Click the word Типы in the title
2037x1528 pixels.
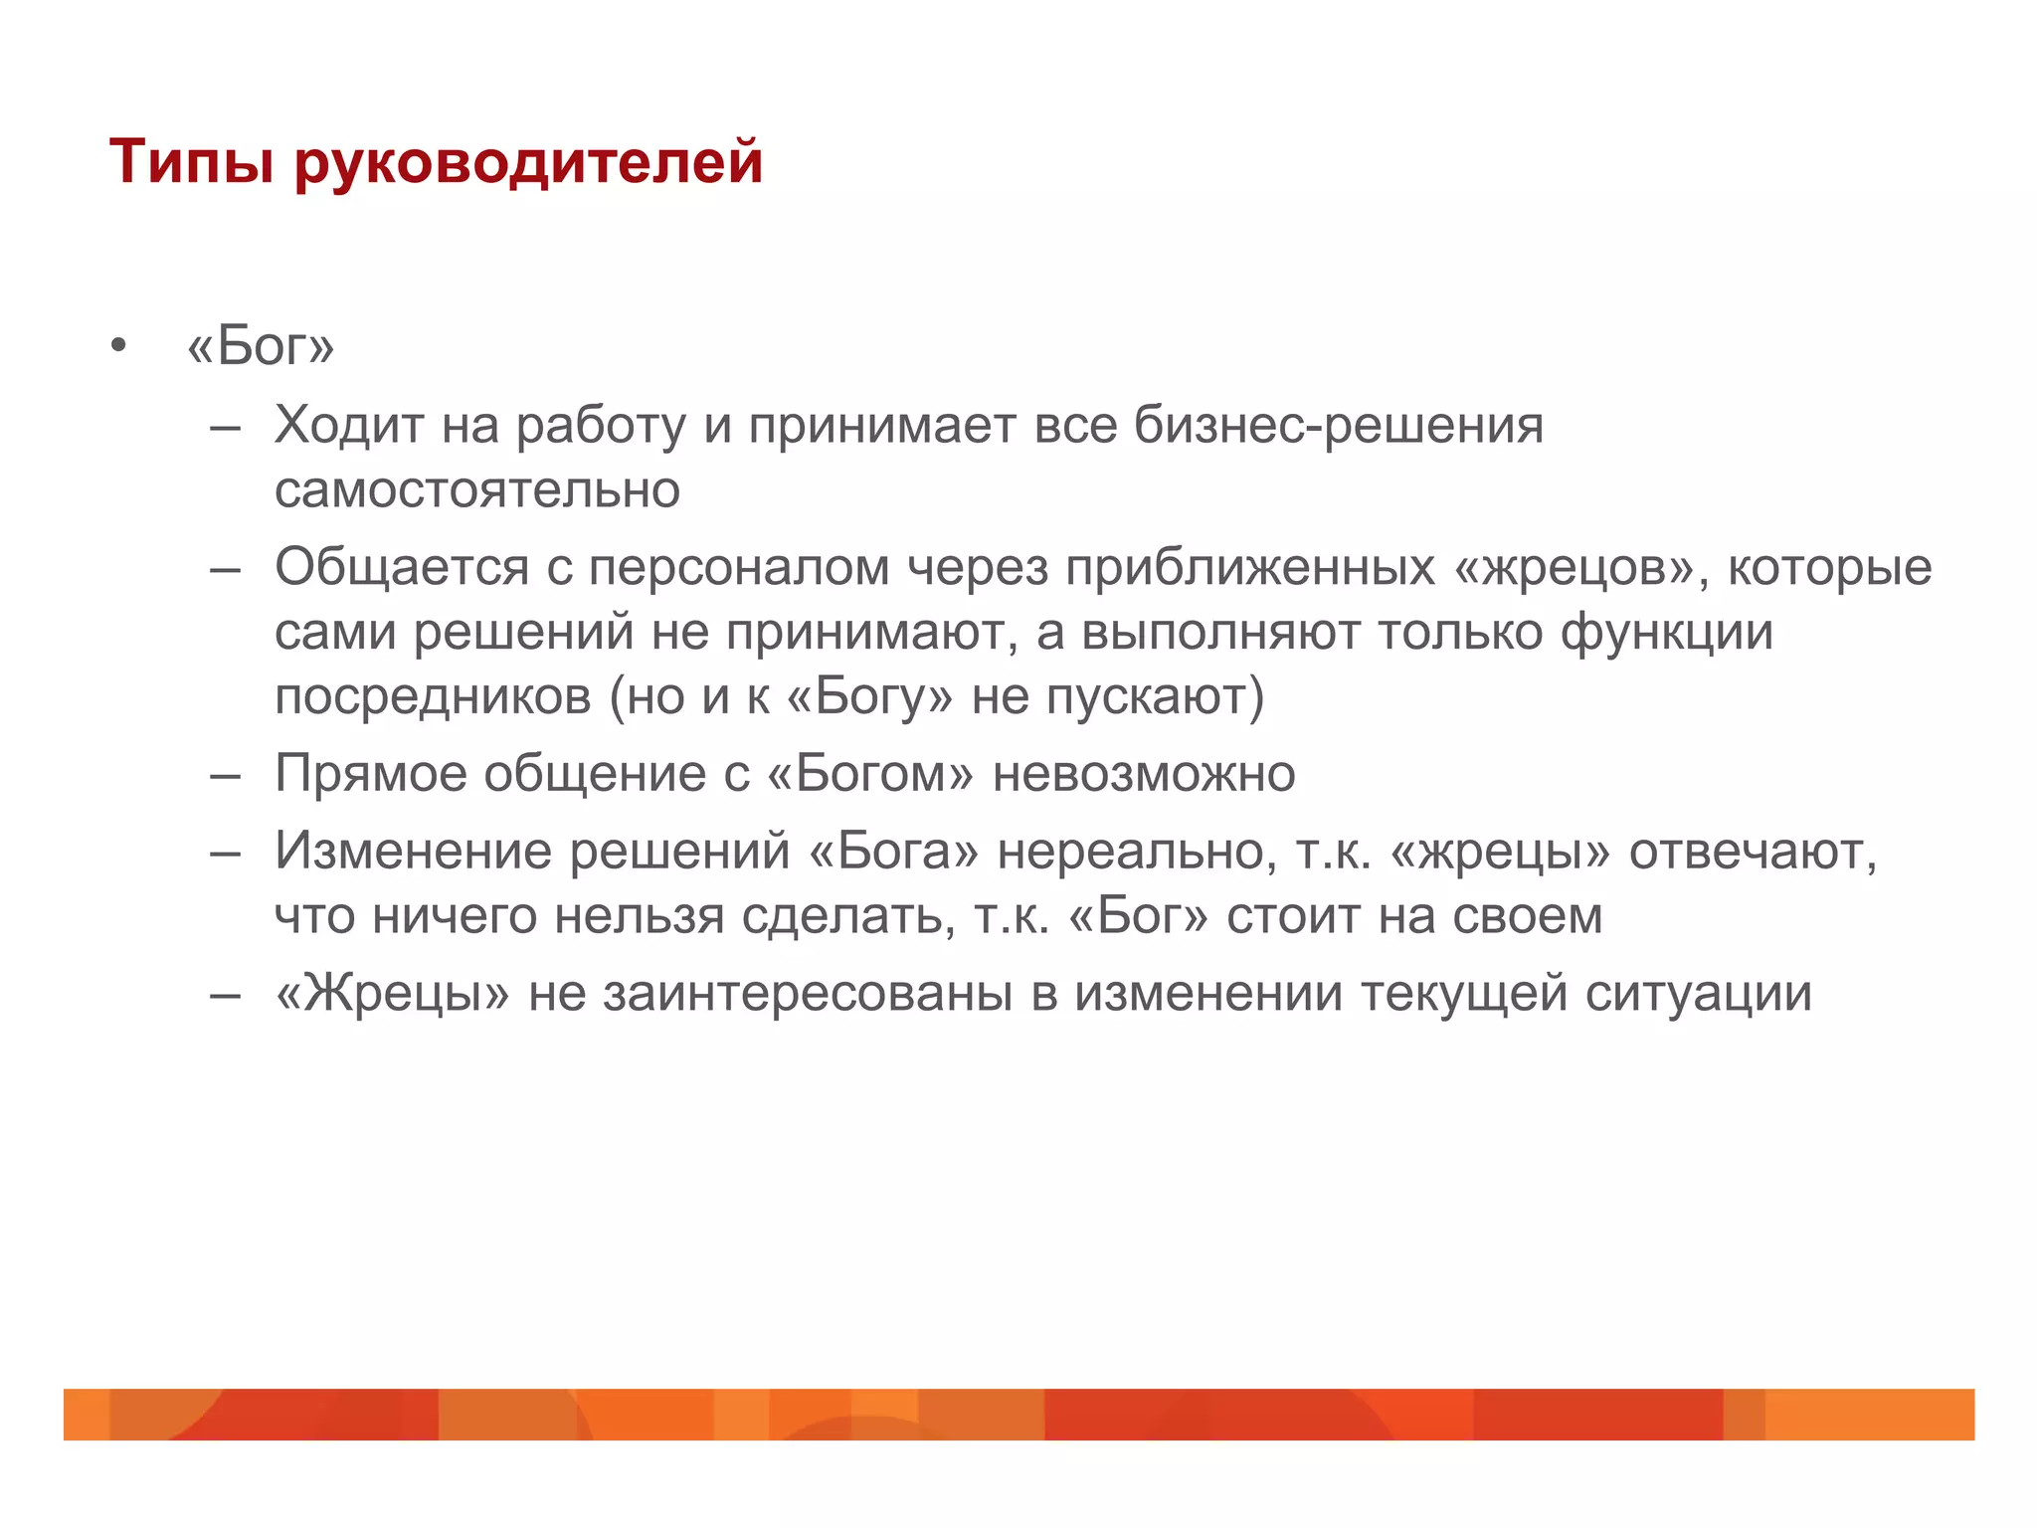point(191,162)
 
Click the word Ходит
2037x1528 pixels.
point(348,426)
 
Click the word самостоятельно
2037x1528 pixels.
point(477,490)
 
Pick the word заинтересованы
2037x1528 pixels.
point(807,994)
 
